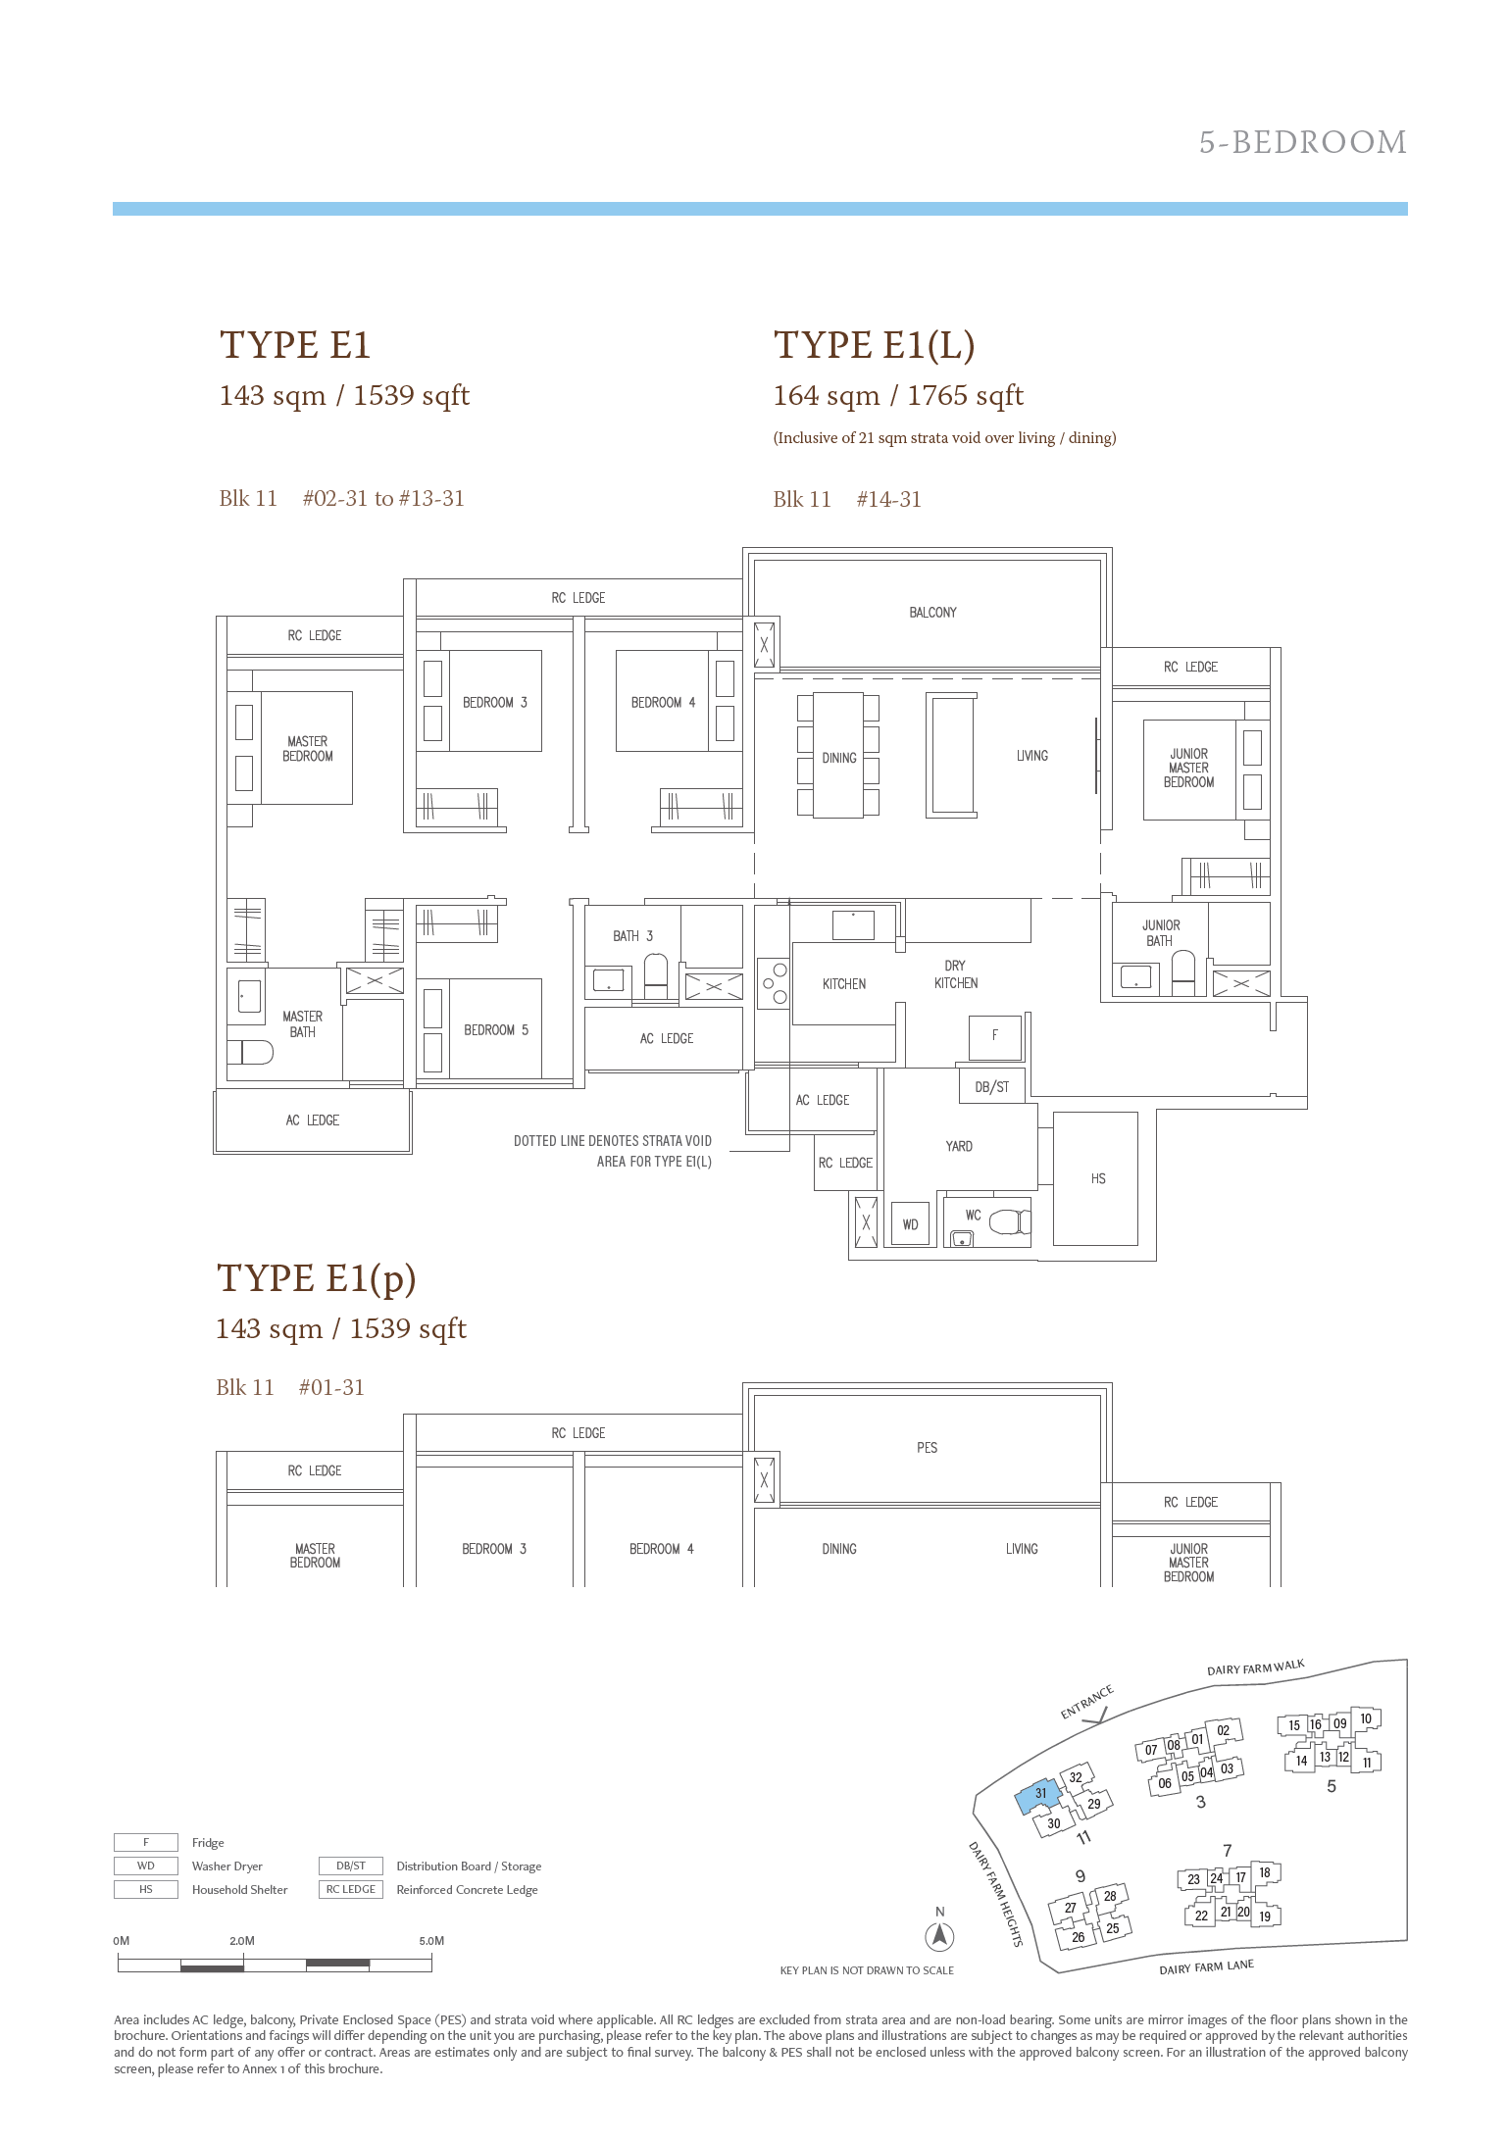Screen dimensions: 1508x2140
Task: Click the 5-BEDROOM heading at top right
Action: [1303, 142]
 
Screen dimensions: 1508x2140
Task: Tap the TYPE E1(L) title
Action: [874, 345]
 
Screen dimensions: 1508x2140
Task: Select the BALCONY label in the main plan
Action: [932, 613]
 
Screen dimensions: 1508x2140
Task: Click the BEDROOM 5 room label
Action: [496, 1029]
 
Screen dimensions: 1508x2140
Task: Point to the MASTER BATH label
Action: [302, 1024]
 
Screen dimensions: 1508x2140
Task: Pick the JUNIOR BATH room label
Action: [1161, 932]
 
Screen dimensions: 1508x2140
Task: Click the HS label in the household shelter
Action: [1098, 1178]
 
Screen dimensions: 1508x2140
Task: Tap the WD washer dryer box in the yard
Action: [911, 1224]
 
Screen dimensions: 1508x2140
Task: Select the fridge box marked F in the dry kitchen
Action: [995, 1037]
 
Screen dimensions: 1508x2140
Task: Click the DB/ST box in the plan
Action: [992, 1086]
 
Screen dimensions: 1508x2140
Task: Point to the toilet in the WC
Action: [1010, 1221]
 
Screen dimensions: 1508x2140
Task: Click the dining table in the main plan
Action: [838, 756]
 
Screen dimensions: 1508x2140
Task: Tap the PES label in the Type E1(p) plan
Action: [927, 1447]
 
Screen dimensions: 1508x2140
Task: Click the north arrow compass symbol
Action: [940, 1935]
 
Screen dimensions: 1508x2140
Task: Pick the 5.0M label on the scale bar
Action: [431, 1940]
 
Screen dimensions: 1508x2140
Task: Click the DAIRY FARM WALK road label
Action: [1256, 1668]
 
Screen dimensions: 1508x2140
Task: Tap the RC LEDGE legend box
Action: [350, 1889]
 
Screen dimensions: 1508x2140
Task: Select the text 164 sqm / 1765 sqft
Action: [898, 396]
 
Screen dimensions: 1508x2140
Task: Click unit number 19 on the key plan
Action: [1265, 1916]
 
